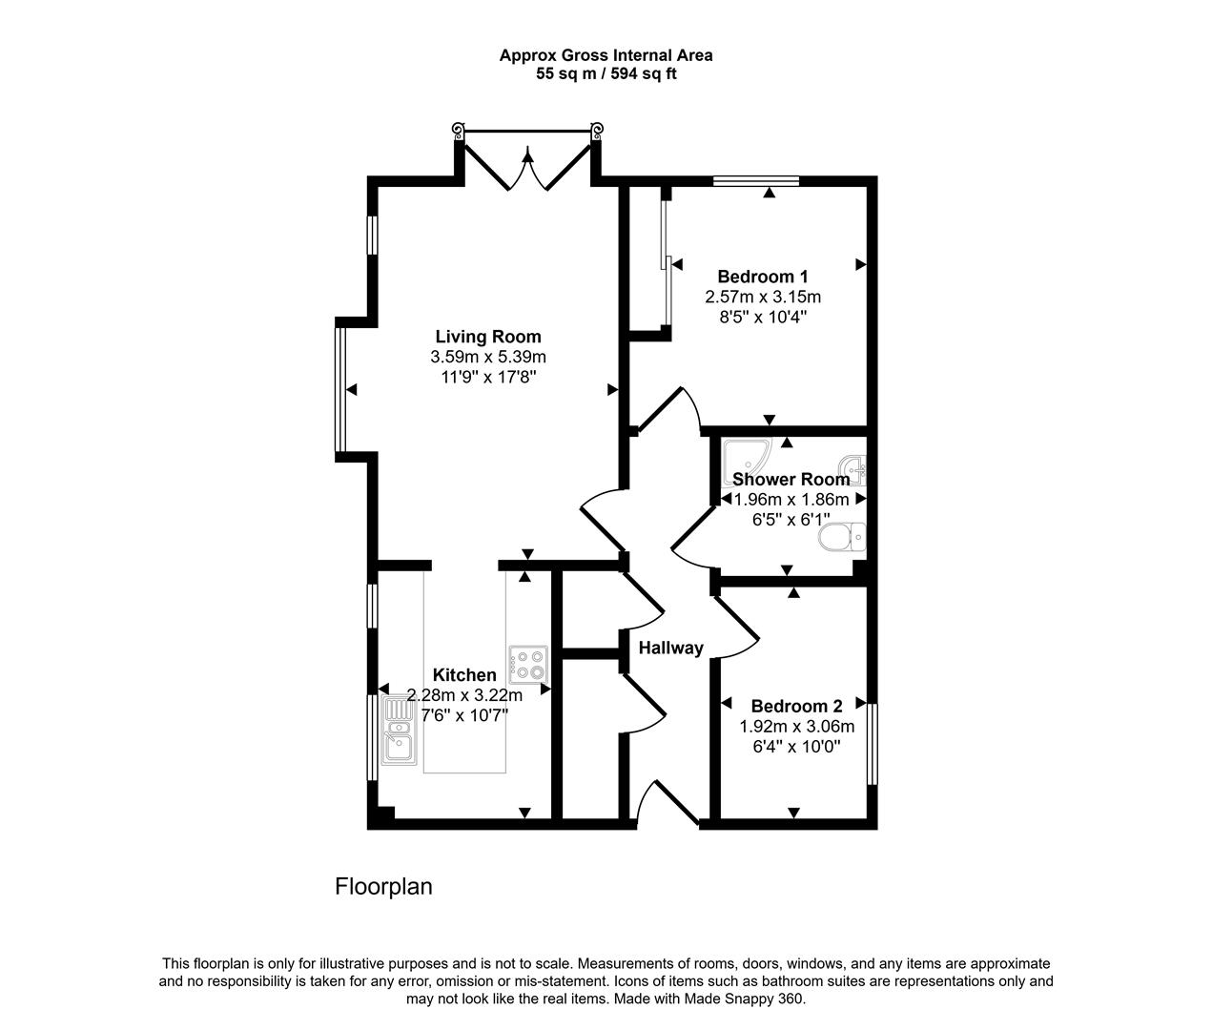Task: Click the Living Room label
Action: click(487, 337)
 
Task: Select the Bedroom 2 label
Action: click(796, 707)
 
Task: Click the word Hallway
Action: click(670, 649)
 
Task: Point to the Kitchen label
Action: click(464, 675)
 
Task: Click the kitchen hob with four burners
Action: click(529, 664)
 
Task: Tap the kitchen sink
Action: click(398, 731)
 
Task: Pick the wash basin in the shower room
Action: click(856, 469)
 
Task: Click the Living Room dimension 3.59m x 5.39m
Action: click(487, 357)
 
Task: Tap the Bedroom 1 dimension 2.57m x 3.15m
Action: click(763, 297)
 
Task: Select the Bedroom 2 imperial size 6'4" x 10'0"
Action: click(796, 746)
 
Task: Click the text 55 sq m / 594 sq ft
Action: click(606, 73)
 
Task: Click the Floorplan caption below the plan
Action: click(383, 887)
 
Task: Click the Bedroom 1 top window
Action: click(755, 179)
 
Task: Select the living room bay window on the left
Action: click(339, 391)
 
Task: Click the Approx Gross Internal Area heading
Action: click(606, 55)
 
